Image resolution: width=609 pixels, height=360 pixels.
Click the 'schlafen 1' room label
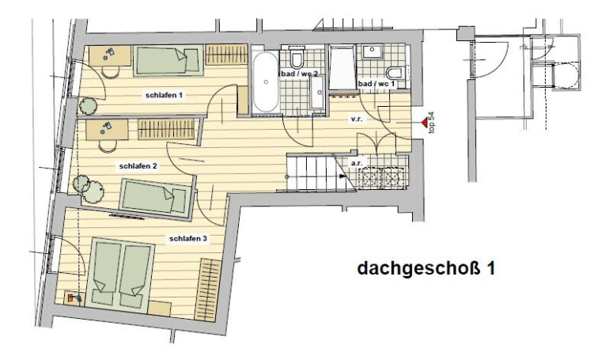[x=164, y=95]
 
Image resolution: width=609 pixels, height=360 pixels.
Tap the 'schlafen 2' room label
[x=138, y=166]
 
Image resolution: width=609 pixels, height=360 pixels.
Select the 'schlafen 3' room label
[x=188, y=238]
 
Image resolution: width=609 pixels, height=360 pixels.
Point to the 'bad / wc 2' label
[x=299, y=74]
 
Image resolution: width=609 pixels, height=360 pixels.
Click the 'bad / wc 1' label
[x=376, y=84]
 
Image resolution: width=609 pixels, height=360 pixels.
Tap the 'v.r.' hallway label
[x=357, y=119]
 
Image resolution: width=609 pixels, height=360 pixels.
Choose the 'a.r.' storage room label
[x=357, y=164]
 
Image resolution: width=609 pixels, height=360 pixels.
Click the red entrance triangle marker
[x=424, y=123]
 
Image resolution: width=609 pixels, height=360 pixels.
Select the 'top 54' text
[x=432, y=123]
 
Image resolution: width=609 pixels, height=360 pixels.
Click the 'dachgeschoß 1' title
[x=426, y=268]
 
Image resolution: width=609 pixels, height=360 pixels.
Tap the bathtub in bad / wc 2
[x=266, y=82]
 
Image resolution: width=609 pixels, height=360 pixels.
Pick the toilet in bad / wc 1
[x=396, y=73]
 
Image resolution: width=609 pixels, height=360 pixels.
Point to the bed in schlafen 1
[x=168, y=60]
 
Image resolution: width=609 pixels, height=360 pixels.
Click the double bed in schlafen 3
[x=120, y=275]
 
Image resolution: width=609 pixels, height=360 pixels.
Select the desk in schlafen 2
[x=107, y=130]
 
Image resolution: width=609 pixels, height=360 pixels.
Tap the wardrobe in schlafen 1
[x=226, y=55]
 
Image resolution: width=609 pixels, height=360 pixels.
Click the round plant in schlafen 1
[x=89, y=106]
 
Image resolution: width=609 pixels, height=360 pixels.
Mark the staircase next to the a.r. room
[x=316, y=172]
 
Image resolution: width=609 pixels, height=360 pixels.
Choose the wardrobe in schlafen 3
[x=208, y=290]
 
